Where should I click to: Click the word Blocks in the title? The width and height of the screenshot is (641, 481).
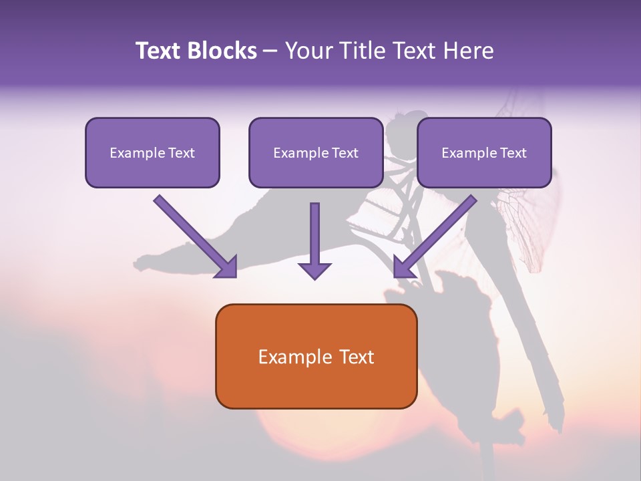point(222,50)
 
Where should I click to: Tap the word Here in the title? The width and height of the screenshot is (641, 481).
point(469,50)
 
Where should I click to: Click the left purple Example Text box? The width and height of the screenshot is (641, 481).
point(152,152)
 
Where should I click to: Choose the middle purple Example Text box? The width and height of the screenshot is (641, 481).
point(316,152)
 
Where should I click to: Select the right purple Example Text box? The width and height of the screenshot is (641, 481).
point(485,152)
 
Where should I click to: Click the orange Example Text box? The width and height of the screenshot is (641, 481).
point(316,356)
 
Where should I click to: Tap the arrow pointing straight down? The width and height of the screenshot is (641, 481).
point(314,241)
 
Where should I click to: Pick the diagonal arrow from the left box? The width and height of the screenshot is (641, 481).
point(196,236)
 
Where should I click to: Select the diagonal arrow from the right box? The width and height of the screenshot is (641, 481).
point(435,236)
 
